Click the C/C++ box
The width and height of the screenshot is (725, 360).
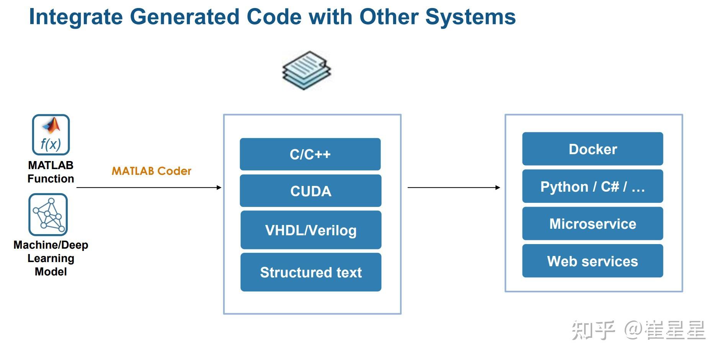click(x=310, y=154)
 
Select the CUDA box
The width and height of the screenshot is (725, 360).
click(x=310, y=191)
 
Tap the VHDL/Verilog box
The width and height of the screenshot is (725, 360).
click(x=311, y=230)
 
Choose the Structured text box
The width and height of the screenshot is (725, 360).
click(x=311, y=272)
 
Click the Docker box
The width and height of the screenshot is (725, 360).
click(x=593, y=149)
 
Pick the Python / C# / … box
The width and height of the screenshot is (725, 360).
click(x=593, y=186)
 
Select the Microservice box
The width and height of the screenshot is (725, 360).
click(x=593, y=223)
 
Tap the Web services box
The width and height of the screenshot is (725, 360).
click(x=593, y=261)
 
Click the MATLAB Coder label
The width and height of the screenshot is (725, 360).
click(x=151, y=171)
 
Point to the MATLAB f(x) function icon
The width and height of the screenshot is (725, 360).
click(x=51, y=135)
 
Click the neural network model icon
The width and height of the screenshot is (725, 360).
click(x=48, y=215)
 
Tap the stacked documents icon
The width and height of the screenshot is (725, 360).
click(x=307, y=70)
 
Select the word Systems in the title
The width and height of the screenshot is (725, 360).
click(x=470, y=17)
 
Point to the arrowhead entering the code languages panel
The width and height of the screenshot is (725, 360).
click(x=219, y=187)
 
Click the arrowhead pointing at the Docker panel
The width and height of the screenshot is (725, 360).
click(x=498, y=187)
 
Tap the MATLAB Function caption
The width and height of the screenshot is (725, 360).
click(x=51, y=172)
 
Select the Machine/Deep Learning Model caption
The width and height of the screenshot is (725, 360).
click(x=51, y=258)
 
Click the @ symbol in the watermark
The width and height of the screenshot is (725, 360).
click(x=633, y=330)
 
